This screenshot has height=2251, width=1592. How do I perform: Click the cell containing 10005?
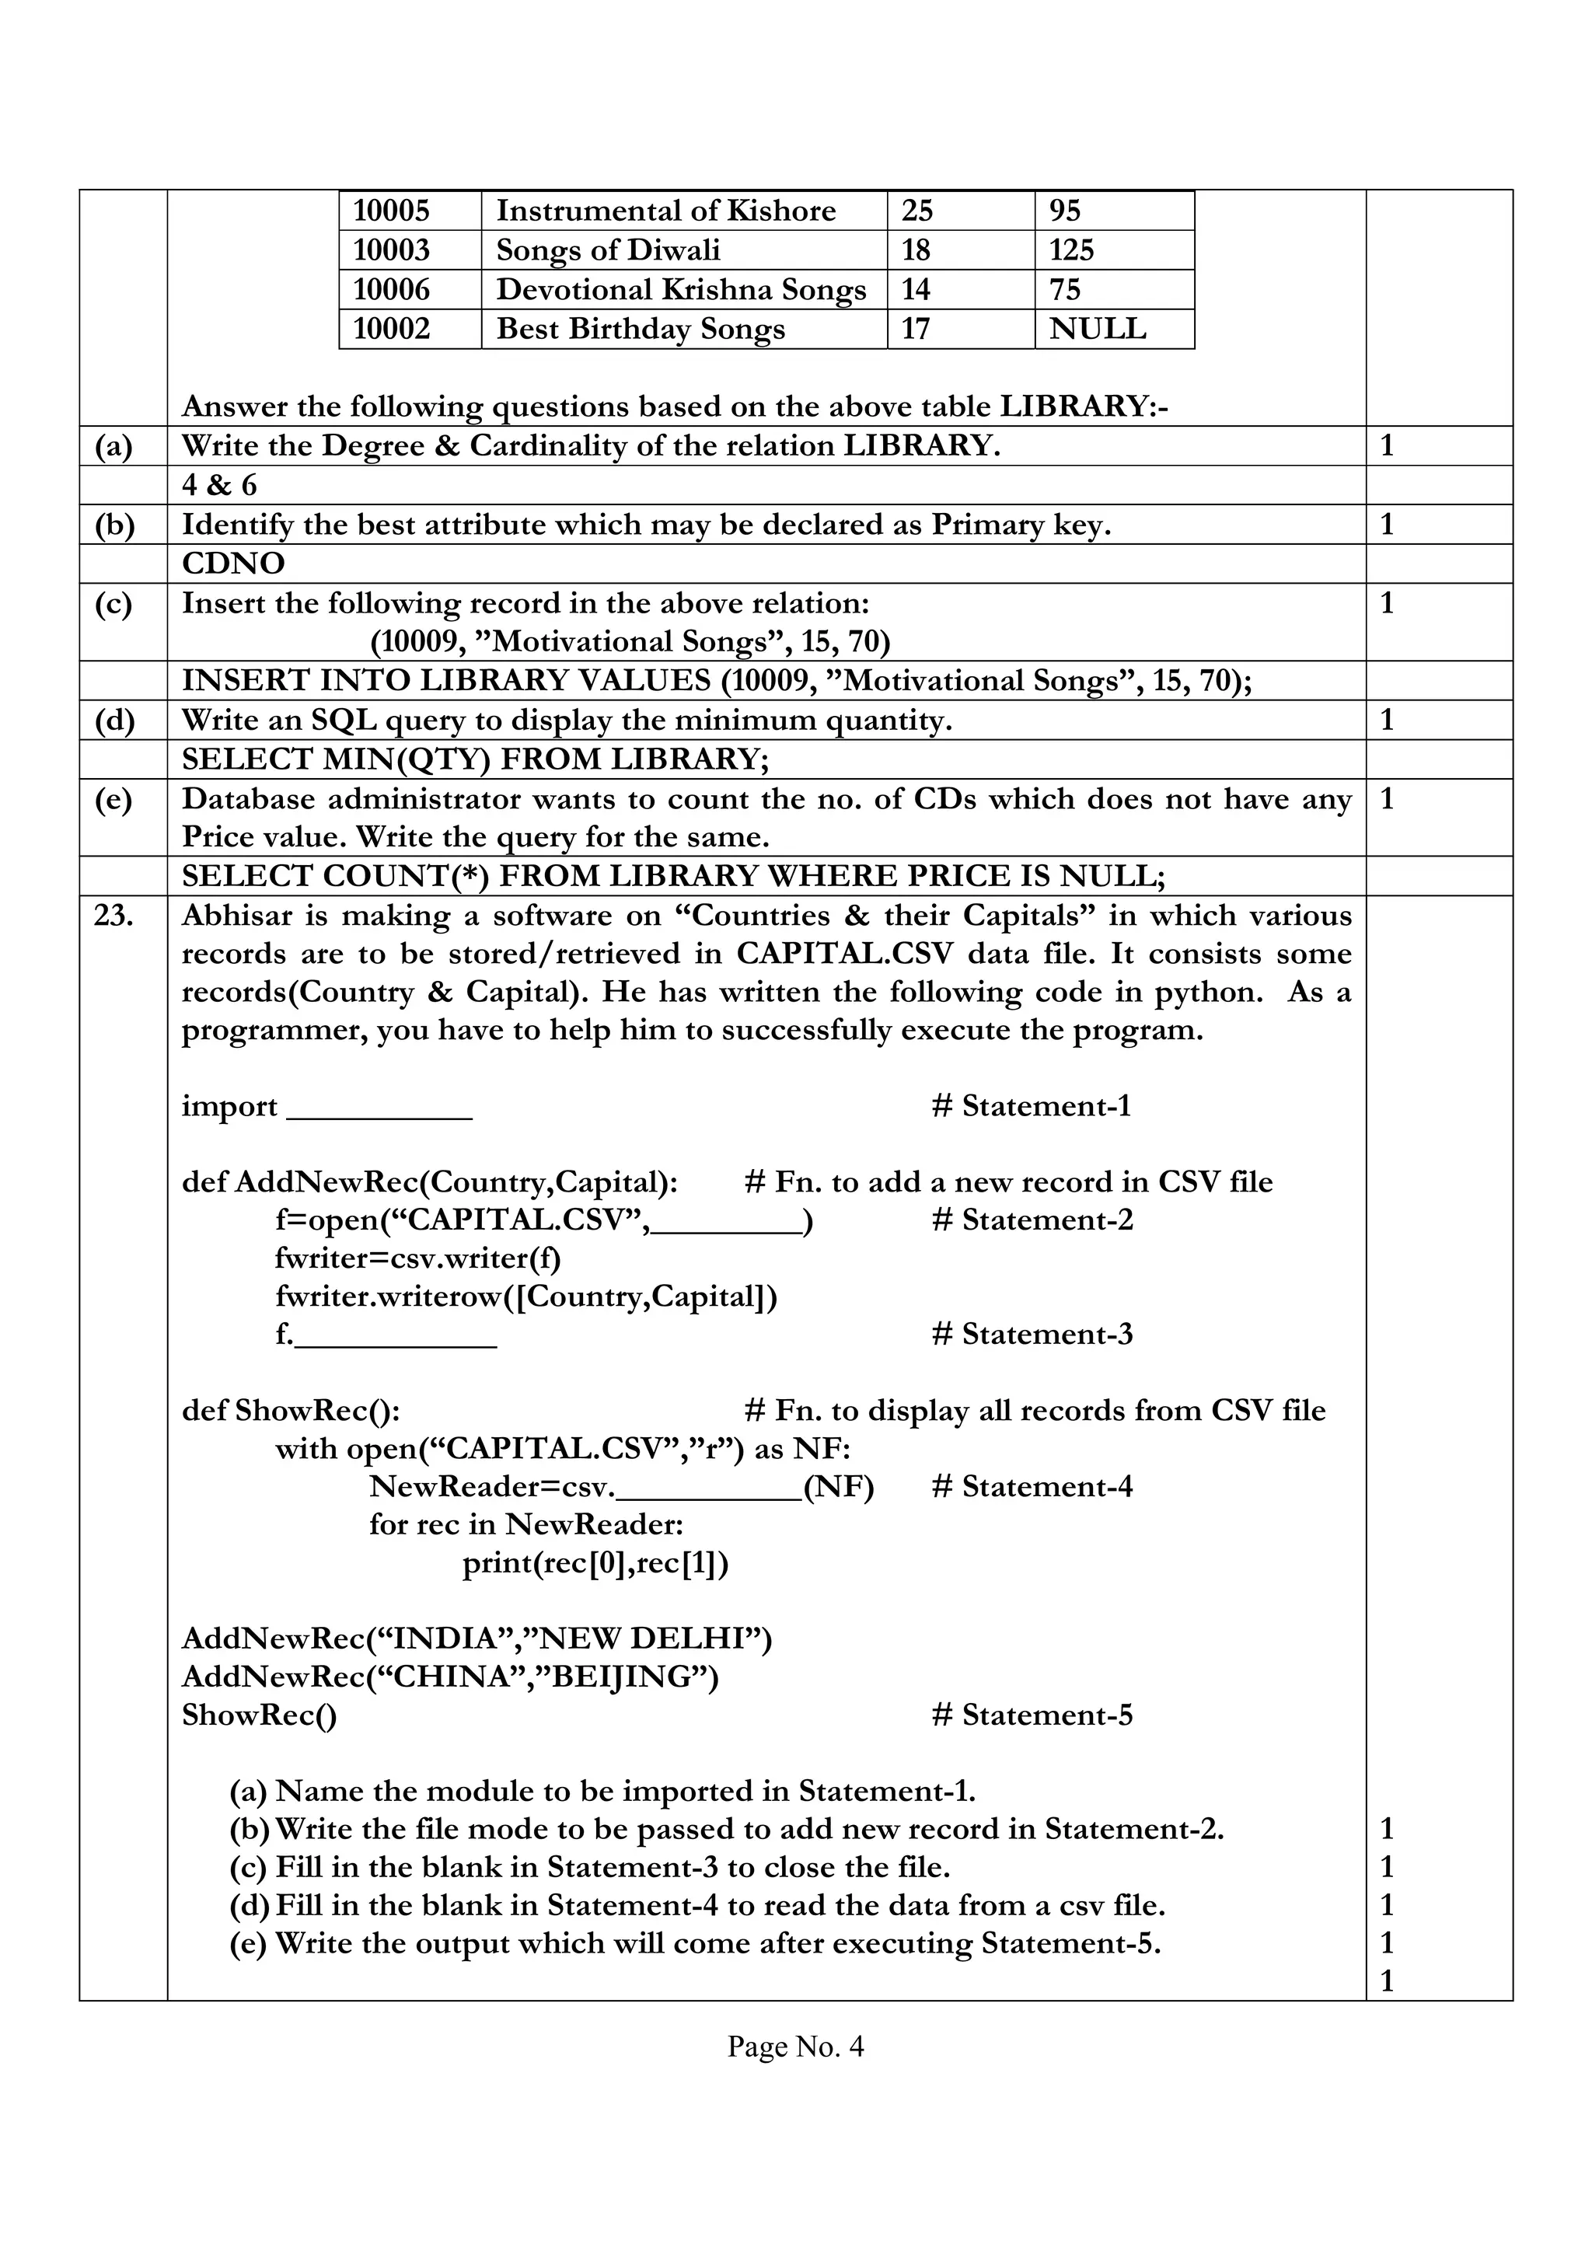[391, 211]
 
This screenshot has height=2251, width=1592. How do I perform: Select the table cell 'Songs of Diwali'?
[608, 250]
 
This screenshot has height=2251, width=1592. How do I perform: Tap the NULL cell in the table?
[1097, 329]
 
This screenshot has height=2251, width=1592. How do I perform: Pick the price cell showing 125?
[1071, 250]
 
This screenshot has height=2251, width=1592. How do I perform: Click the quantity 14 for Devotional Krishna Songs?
[916, 289]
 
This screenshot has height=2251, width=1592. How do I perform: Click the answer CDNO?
[233, 564]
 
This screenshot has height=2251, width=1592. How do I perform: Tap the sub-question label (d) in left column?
[115, 721]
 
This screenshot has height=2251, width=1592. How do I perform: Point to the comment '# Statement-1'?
[1032, 1106]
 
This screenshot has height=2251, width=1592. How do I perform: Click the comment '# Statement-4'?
[1032, 1486]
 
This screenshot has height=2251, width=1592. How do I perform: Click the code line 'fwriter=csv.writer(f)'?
[418, 1258]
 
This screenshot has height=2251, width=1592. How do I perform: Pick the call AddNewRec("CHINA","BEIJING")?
[450, 1677]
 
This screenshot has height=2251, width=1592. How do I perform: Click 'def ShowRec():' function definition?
[292, 1410]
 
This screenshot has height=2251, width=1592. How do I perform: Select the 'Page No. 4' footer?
[795, 2046]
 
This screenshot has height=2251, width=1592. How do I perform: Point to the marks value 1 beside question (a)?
[1386, 446]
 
